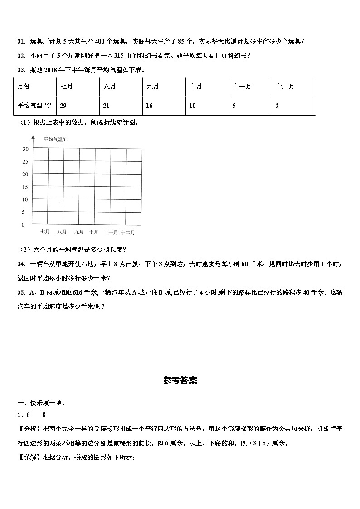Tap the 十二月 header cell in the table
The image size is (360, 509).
pyautogui.click(x=285, y=87)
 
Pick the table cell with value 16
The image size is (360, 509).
pyautogui.click(x=149, y=106)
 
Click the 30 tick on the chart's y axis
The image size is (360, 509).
pyautogui.click(x=25, y=149)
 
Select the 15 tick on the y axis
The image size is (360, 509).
pyautogui.click(x=25, y=187)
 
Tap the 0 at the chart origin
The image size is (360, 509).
pyautogui.click(x=23, y=225)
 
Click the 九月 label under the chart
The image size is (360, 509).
pyautogui.click(x=78, y=232)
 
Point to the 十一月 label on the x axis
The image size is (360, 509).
pyautogui.click(x=111, y=232)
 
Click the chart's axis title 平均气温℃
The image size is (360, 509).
pyautogui.click(x=55, y=140)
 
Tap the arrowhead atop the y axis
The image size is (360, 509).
pyautogui.click(x=33, y=137)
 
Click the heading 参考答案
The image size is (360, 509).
pyautogui.click(x=180, y=381)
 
